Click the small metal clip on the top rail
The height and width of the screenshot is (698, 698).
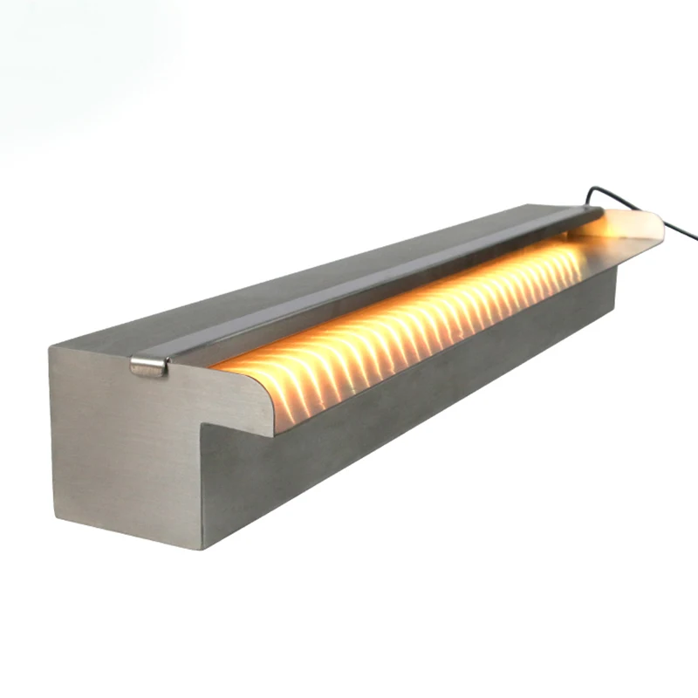tap(148, 366)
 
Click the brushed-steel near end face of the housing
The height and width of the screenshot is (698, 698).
tap(122, 445)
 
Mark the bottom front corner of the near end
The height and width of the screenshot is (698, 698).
tap(202, 548)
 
